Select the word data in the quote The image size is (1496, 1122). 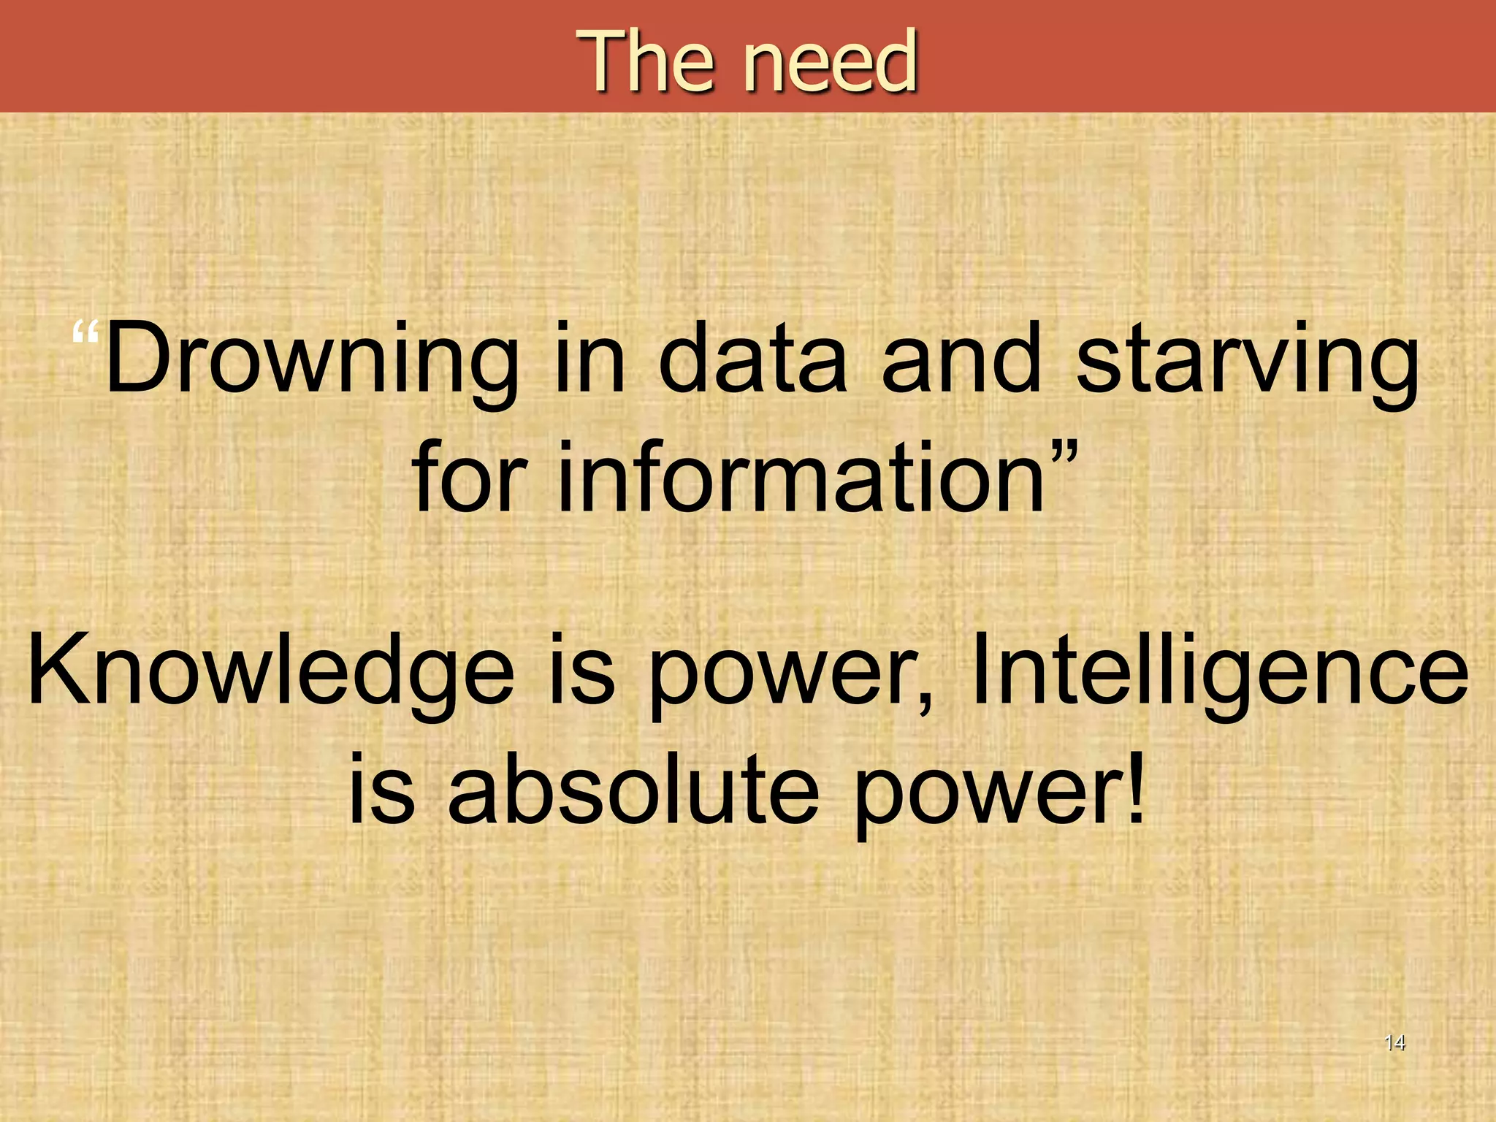[753, 359]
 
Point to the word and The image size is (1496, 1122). [961, 359]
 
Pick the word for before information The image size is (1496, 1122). [468, 478]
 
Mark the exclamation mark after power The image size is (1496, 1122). [1134, 785]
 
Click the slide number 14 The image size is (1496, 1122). [1394, 1042]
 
